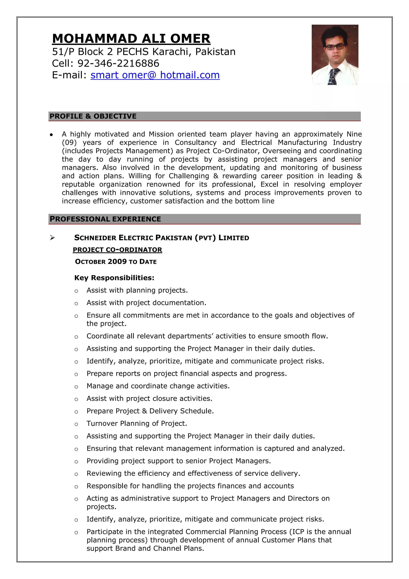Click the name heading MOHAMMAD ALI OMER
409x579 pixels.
tap(131, 39)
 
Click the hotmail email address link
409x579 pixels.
tap(155, 75)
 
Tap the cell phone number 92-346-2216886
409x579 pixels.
tap(118, 63)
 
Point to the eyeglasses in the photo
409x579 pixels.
tap(335, 47)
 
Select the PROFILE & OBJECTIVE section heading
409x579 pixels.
tap(93, 116)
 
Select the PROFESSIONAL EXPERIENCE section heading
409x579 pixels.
tap(105, 219)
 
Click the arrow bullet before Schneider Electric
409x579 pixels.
tap(52, 238)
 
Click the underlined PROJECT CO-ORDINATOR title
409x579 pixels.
tap(117, 250)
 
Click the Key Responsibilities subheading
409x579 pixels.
tap(114, 278)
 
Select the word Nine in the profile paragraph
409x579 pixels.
tap(354, 134)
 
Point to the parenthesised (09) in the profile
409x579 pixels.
tap(69, 142)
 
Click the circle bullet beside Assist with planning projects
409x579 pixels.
tap(76, 291)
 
